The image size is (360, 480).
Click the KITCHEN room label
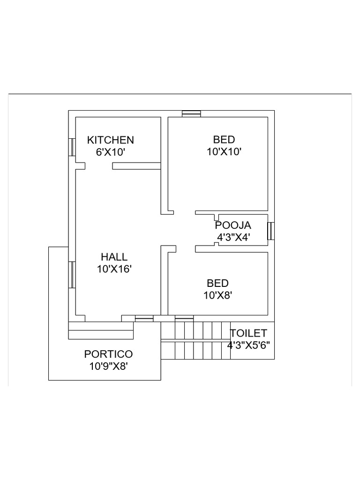click(111, 140)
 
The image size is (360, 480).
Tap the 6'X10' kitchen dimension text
click(111, 152)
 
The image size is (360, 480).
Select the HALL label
click(114, 257)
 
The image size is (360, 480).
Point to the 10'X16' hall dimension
click(114, 269)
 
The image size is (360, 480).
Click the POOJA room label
click(233, 225)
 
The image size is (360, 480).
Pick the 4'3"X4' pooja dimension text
click(232, 237)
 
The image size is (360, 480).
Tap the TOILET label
click(248, 333)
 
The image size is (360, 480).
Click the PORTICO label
click(108, 354)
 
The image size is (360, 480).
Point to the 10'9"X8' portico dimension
click(108, 366)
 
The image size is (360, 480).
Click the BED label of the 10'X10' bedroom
click(224, 139)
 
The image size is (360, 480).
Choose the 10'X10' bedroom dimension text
click(224, 151)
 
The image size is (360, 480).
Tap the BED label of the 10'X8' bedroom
click(218, 283)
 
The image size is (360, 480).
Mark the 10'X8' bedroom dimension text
click(218, 295)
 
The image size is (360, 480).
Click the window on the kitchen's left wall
click(72, 147)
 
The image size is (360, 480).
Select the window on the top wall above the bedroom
click(191, 113)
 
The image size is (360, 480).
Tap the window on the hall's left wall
click(72, 274)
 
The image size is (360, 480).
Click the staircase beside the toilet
click(196, 340)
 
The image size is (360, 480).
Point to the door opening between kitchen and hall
click(98, 166)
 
